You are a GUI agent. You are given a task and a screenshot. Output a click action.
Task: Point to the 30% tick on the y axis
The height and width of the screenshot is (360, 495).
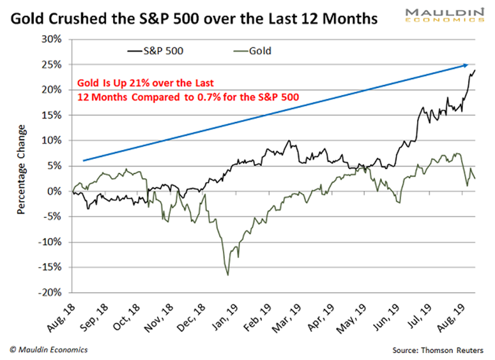[53, 39]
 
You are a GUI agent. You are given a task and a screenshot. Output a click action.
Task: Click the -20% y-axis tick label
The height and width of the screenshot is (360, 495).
[52, 293]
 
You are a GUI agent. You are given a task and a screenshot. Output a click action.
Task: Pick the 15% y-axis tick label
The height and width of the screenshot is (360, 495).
[53, 115]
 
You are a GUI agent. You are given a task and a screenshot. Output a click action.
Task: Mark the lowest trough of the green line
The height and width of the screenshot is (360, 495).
[227, 275]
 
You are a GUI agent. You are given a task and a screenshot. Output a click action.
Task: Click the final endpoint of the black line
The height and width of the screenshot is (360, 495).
[474, 70]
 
